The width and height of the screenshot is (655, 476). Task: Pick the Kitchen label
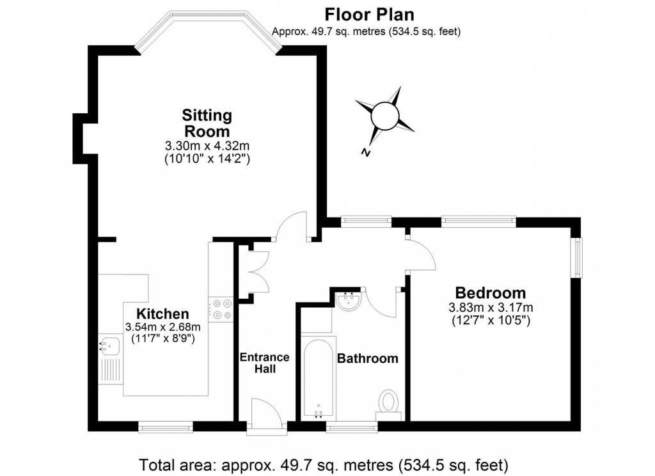pos(163,314)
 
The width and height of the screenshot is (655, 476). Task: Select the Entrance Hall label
pos(265,363)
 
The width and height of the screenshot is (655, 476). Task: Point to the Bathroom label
pos(367,358)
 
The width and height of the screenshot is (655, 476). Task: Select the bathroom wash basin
pos(349,302)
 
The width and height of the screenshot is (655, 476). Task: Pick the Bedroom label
pos(491,293)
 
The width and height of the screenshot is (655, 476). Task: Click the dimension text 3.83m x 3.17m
pos(491,307)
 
